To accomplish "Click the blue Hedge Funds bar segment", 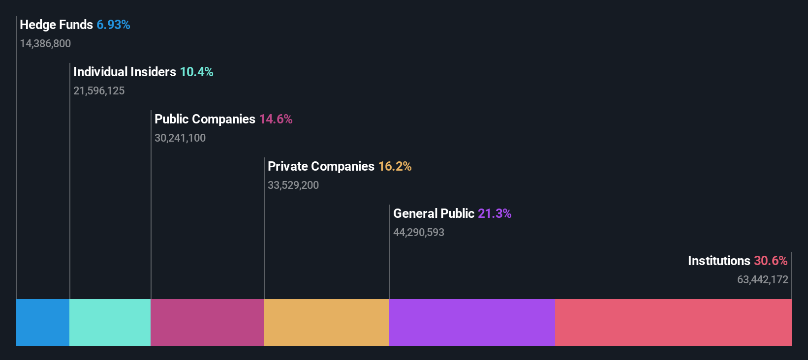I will [42, 322].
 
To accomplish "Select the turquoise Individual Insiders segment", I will [110, 322].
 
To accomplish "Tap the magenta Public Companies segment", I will [207, 322].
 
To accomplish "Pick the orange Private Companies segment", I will [326, 322].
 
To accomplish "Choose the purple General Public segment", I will [472, 322].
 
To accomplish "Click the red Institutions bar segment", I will [673, 322].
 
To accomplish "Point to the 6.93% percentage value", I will [113, 25].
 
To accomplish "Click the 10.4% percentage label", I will [196, 72].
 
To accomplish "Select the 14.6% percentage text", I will [276, 119].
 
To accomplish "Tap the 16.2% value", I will [395, 166].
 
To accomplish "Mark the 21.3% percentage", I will [495, 213].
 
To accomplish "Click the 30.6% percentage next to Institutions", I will [771, 261].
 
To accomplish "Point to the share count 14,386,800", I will [45, 44].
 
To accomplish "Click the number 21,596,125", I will [99, 91].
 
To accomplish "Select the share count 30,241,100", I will [180, 138].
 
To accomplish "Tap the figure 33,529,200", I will [293, 185].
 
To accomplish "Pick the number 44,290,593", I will [419, 233].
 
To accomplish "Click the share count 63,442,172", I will [762, 280].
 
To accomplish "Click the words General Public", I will [434, 213].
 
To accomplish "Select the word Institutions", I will [719, 261].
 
